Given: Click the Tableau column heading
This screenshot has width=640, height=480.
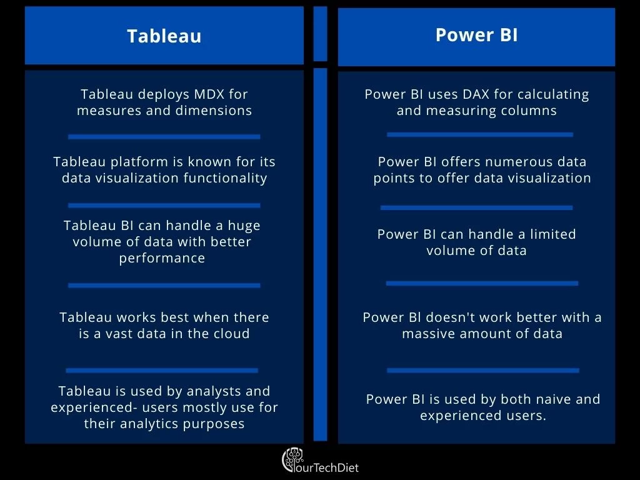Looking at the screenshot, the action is pyautogui.click(x=164, y=36).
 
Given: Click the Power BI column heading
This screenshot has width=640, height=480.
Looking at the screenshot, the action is pyautogui.click(x=477, y=35).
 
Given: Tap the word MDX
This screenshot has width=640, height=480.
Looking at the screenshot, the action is pyautogui.click(x=209, y=94).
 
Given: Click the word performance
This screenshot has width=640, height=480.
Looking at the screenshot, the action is pyautogui.click(x=162, y=258).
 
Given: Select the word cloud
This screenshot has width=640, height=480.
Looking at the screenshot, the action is pyautogui.click(x=231, y=334).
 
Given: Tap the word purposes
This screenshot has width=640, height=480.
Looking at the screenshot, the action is pyautogui.click(x=214, y=424).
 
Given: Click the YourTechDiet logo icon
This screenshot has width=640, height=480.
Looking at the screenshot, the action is pyautogui.click(x=293, y=460).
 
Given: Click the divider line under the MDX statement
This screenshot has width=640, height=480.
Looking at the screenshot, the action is pyautogui.click(x=164, y=137).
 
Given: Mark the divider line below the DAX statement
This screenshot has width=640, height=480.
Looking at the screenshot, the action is pyautogui.click(x=480, y=135).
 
